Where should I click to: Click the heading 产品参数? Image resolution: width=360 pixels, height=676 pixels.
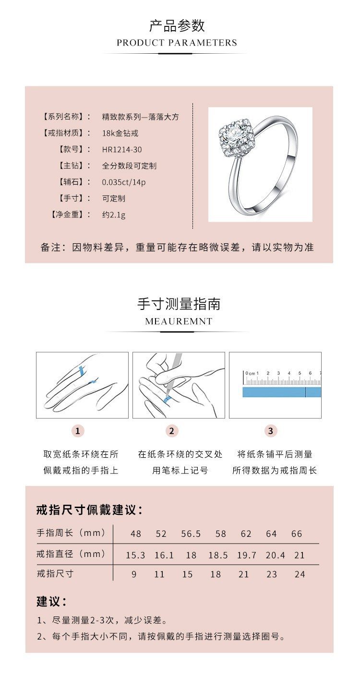[x=177, y=25]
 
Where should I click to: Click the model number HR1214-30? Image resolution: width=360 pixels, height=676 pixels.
[x=122, y=150]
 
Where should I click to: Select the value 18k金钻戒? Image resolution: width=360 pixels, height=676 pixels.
[x=120, y=133]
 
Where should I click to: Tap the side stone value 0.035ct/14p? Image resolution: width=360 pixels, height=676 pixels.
[x=123, y=182]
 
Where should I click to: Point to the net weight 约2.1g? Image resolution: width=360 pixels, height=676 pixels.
[x=114, y=215]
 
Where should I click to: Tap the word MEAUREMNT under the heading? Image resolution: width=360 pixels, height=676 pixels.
[x=179, y=321]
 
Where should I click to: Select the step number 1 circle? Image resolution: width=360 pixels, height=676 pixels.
[x=78, y=431]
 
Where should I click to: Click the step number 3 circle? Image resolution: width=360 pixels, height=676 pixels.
[x=270, y=431]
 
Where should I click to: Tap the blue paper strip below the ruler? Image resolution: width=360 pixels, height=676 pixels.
[x=282, y=392]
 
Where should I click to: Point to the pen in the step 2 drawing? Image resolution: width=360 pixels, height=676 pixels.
[x=173, y=375]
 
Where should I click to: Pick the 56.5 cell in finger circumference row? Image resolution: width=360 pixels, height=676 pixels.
[x=191, y=534]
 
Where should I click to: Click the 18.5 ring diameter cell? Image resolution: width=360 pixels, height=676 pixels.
[x=218, y=555]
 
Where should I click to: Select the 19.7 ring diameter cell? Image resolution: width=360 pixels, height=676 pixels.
[x=247, y=555]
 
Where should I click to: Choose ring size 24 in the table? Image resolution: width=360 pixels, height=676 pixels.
[x=300, y=574]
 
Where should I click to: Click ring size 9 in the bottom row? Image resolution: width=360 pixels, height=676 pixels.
[x=134, y=574]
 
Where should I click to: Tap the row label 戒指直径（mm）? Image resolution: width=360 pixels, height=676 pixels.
[x=71, y=554]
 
